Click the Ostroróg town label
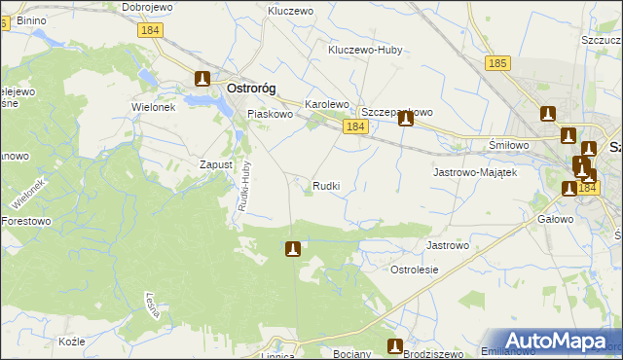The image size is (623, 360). point(250,88)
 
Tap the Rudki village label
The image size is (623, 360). point(326,185)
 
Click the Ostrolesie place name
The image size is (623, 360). point(415,270)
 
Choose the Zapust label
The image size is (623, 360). point(216,164)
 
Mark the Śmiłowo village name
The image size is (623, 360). point(507,145)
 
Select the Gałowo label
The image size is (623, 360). point(554,219)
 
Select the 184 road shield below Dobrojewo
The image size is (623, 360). point(150,30)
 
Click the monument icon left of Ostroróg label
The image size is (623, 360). point(202,80)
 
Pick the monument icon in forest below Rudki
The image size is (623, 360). point(291,250)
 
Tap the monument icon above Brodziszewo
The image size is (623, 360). point(395,345)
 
